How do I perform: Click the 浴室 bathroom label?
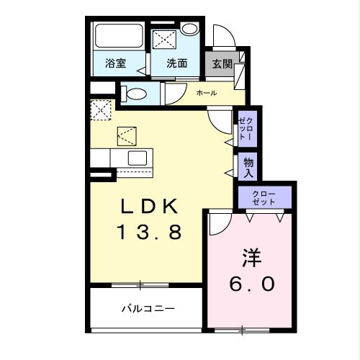coord(116,63)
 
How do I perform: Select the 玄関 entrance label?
coord(221,63)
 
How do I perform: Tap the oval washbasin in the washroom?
coord(189,29)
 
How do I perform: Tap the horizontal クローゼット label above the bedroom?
coord(266,197)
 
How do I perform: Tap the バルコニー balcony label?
coord(147,309)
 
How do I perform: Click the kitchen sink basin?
coord(138,157)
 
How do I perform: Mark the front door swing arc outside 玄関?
coord(222,37)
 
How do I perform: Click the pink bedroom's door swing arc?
coord(217,225)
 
